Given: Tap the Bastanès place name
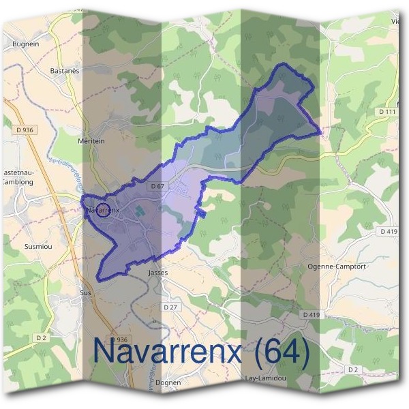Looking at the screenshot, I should [x=65, y=70].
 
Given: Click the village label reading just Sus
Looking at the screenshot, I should [x=85, y=292].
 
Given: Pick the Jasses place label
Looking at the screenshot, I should [x=157, y=272].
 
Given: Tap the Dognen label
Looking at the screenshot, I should [x=168, y=382].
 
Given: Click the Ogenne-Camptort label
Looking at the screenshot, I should [x=337, y=267].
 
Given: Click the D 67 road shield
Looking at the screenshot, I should [x=157, y=186].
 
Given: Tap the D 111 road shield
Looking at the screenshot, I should [x=387, y=111].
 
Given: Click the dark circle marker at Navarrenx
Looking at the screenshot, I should [x=104, y=210].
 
